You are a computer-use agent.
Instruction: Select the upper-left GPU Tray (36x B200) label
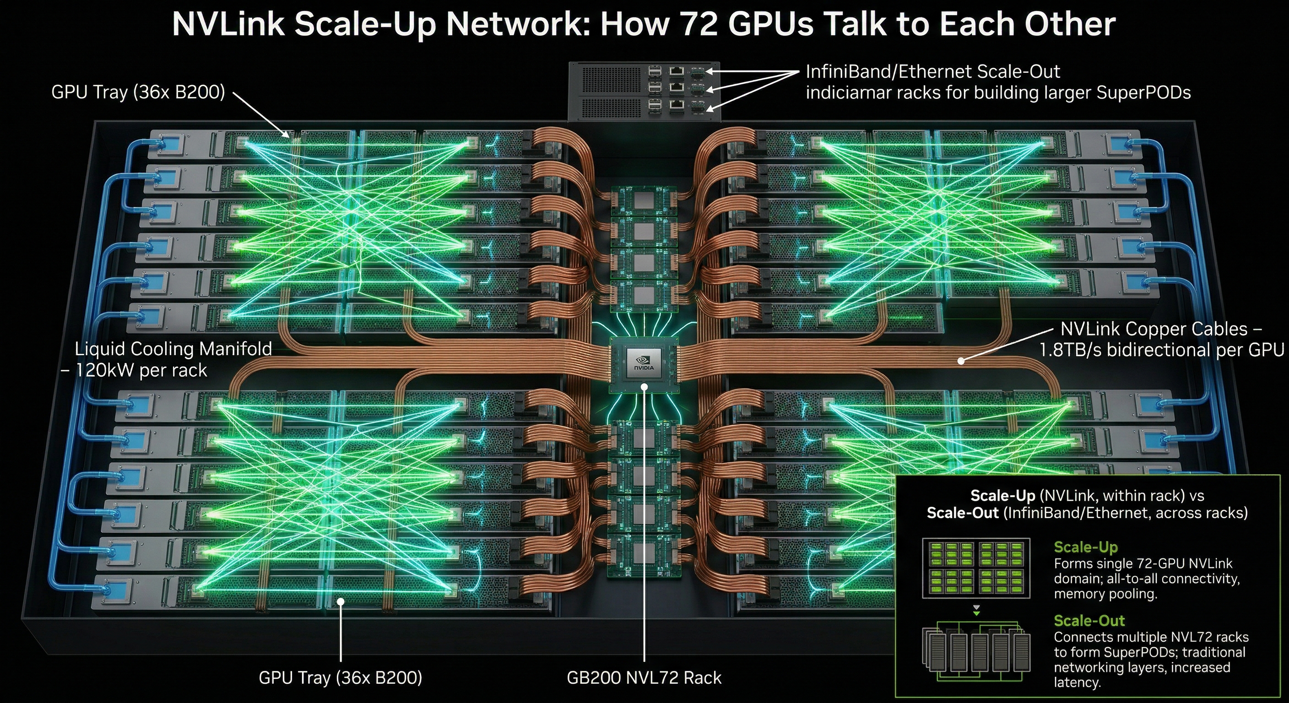138,92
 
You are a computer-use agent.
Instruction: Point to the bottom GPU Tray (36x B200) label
340,677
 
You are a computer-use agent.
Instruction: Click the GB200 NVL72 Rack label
644,677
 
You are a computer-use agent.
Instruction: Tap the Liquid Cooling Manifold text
173,349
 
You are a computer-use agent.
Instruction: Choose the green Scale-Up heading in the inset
1085,547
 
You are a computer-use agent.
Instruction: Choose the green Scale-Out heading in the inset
1089,621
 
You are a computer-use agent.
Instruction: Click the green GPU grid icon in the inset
976,568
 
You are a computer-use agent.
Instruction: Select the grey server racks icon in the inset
976,650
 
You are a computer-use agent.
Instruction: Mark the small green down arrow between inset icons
976,611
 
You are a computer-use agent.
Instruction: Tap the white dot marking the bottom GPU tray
340,601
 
